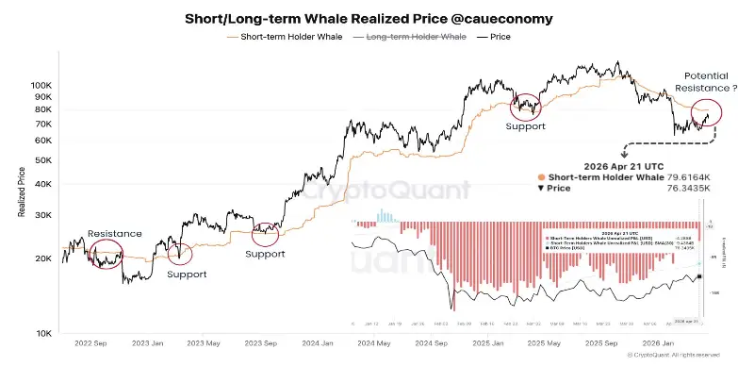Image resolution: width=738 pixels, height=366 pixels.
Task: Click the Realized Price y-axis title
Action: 21,194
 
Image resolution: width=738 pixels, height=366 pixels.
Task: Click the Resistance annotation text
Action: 114,233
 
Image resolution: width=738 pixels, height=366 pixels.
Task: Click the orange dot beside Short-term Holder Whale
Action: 539,176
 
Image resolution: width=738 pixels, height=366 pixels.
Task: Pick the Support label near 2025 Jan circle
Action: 525,125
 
